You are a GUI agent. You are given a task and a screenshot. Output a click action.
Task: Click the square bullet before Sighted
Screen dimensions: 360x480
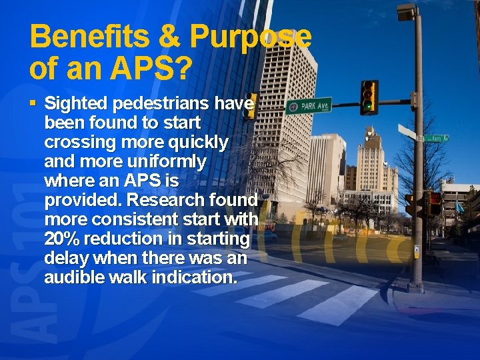34,104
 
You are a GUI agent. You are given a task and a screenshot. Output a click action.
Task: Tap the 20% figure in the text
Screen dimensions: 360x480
62,239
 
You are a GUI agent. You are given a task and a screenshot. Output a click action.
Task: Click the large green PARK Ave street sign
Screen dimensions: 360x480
309,105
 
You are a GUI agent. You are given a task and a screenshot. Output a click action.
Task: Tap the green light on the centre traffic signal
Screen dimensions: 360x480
367,105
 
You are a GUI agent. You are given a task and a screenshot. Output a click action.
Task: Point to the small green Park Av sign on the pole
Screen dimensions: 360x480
437,138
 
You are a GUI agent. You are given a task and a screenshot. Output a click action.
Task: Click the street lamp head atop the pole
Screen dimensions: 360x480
405,11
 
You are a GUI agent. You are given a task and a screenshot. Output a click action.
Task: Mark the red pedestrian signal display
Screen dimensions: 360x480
433,198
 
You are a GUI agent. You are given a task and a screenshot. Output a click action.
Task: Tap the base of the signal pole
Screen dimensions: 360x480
416,287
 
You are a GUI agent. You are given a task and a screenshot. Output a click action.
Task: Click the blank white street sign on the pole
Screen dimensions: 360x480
407,131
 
